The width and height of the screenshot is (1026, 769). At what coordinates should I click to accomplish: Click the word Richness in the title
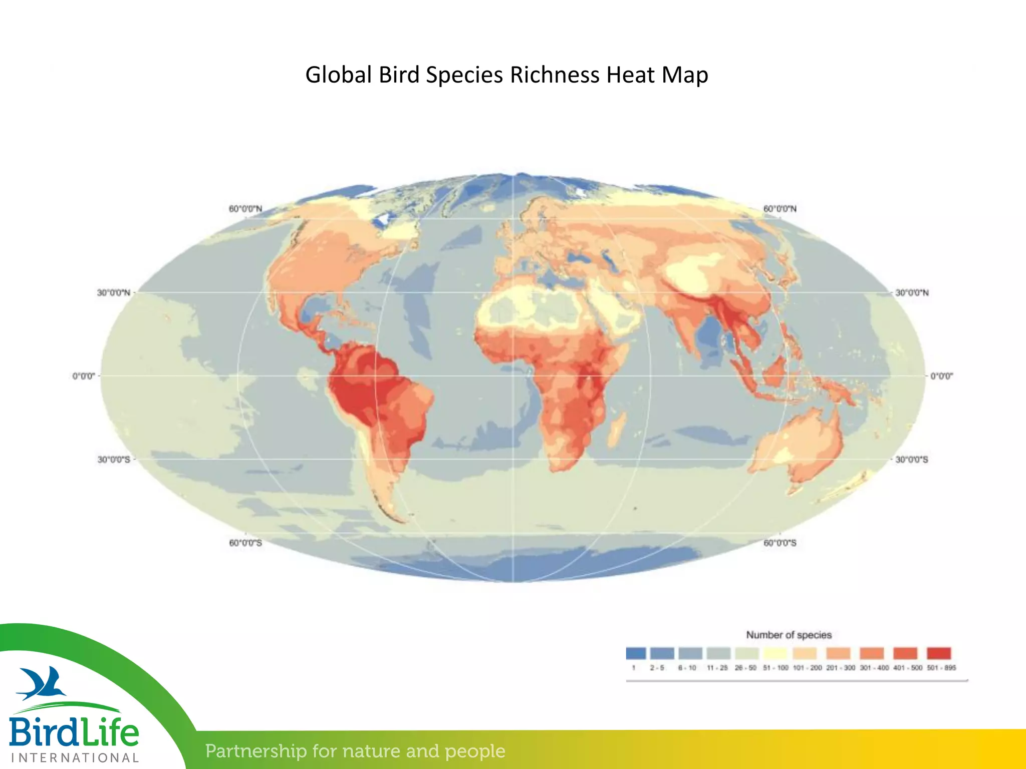(x=554, y=75)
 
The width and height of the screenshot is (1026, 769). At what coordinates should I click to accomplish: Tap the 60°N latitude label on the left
(x=245, y=209)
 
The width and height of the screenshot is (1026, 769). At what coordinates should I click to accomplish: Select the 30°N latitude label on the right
(x=912, y=293)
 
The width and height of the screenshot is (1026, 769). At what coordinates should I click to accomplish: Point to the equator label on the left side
(x=84, y=376)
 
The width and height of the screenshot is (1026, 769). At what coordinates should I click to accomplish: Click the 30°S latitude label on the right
(x=912, y=460)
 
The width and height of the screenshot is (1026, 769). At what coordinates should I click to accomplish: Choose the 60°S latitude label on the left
(x=245, y=543)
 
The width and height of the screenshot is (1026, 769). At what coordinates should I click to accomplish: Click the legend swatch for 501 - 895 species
(x=939, y=653)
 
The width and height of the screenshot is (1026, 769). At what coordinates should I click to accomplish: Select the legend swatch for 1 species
(x=636, y=653)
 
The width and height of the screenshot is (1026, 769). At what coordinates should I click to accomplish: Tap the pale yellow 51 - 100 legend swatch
(x=776, y=653)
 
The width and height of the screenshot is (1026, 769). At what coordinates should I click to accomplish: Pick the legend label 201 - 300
(x=841, y=668)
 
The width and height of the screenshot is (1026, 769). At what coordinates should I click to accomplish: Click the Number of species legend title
(x=789, y=635)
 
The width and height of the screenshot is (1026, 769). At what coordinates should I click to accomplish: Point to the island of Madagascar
(x=617, y=428)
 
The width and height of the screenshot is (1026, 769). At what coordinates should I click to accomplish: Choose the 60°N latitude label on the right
(x=780, y=209)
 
